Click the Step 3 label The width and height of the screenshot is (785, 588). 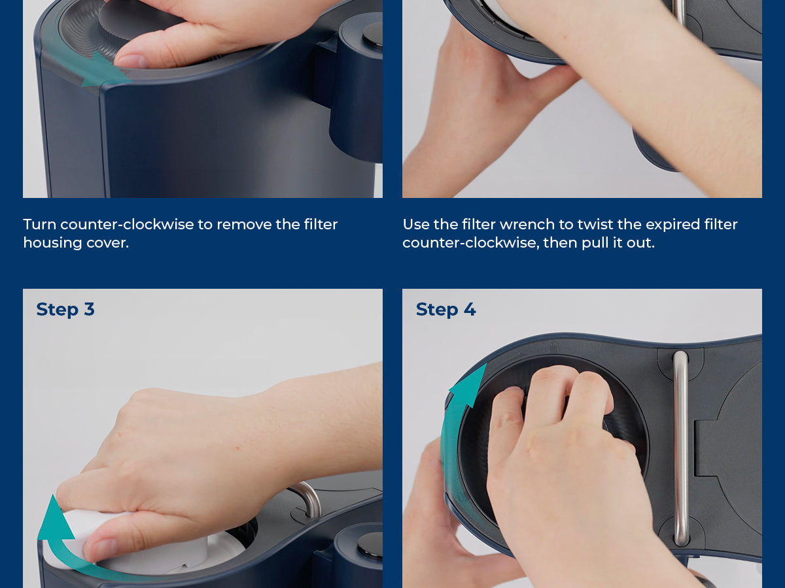65,310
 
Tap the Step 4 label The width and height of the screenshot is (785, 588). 445,310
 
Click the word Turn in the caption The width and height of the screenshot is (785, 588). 40,225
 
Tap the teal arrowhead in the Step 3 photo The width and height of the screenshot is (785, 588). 56,517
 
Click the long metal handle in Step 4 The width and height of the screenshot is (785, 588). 680,448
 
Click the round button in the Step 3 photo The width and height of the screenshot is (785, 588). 370,545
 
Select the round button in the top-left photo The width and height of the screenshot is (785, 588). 373,35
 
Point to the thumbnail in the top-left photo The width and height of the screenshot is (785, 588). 132,61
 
